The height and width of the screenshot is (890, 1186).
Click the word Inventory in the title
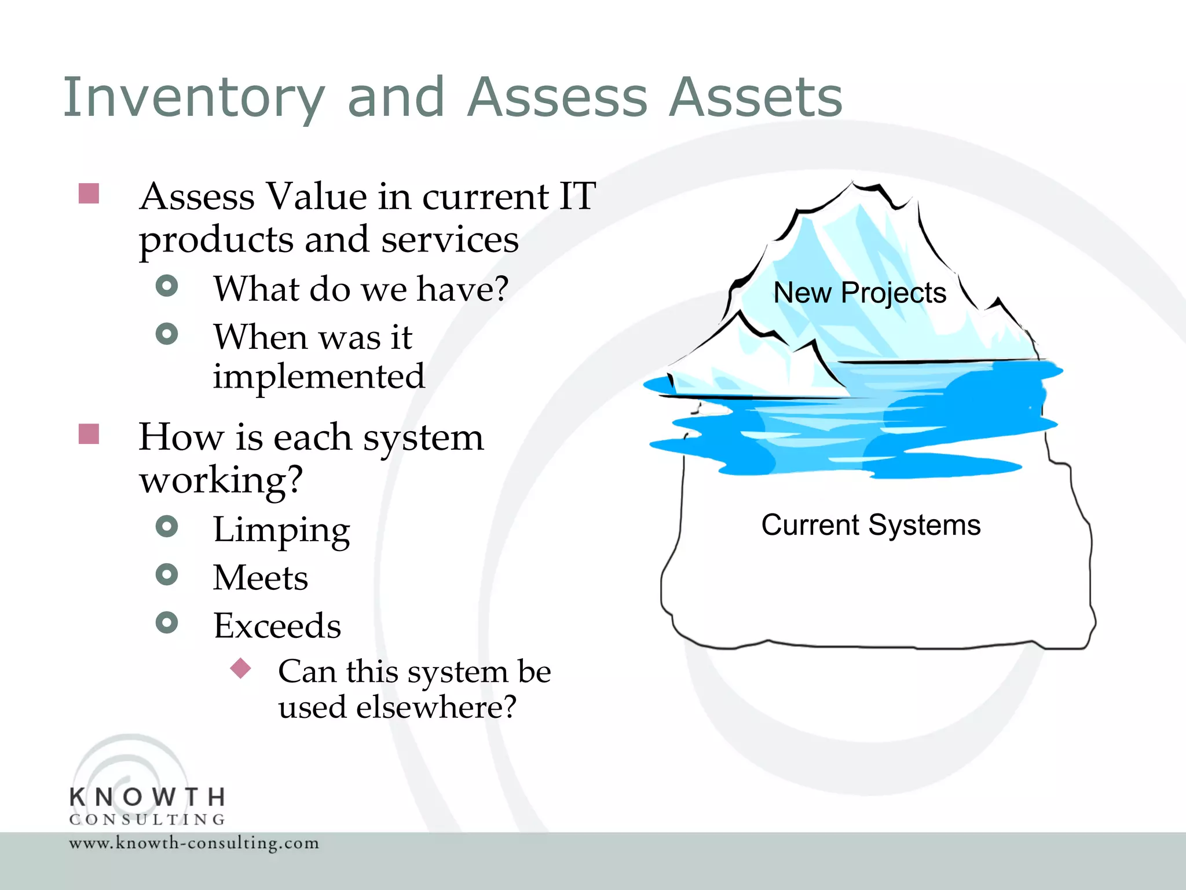click(194, 97)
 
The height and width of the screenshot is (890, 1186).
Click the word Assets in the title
click(755, 97)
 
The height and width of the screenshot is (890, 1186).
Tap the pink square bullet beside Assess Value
click(89, 194)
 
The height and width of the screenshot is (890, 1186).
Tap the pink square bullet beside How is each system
click(89, 434)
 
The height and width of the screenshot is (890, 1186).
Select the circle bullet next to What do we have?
click(167, 286)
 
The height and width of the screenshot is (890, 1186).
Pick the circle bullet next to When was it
click(167, 334)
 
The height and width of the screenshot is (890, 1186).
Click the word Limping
click(281, 530)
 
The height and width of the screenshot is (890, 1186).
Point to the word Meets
click(261, 578)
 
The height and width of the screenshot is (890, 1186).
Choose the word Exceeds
click(277, 626)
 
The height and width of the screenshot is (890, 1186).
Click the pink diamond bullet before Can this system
click(240, 668)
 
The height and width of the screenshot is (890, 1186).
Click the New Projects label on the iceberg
click(859, 293)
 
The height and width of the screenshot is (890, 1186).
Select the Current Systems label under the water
click(870, 525)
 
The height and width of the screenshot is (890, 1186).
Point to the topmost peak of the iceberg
click(853, 184)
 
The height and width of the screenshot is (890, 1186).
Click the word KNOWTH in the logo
click(148, 797)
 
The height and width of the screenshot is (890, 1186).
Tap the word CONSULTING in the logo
click(148, 819)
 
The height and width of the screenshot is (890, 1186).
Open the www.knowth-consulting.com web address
click(194, 842)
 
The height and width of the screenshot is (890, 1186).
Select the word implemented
click(319, 377)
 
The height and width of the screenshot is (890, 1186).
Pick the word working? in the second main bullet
click(221, 480)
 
